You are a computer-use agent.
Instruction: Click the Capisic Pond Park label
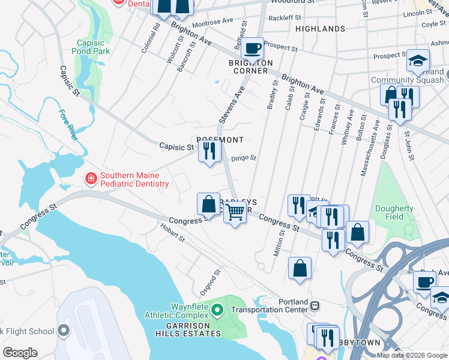click(x=93, y=47)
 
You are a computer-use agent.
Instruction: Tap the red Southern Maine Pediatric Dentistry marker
click(x=90, y=178)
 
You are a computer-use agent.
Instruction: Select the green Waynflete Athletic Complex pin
click(x=219, y=310)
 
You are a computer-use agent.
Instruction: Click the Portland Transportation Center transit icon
click(x=315, y=305)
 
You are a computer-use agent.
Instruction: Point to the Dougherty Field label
click(x=395, y=213)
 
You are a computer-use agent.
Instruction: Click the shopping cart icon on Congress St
click(x=235, y=211)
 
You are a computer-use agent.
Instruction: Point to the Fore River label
click(x=67, y=124)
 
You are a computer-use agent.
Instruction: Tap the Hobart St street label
click(x=172, y=233)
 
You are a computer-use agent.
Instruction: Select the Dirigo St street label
click(x=244, y=158)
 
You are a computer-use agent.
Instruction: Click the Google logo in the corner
click(x=20, y=353)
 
